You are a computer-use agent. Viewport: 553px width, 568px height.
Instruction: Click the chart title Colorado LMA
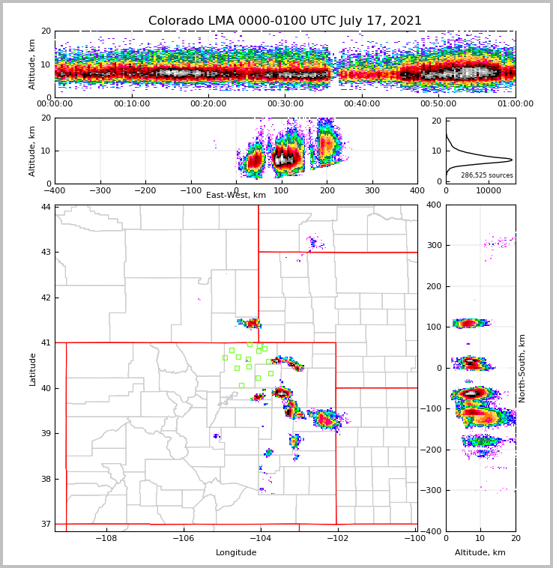coord(285,21)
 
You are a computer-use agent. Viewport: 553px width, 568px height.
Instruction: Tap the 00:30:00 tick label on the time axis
coord(285,104)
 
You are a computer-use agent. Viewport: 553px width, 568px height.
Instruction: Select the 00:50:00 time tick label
coord(438,104)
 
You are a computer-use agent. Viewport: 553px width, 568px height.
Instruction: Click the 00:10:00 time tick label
coord(131,104)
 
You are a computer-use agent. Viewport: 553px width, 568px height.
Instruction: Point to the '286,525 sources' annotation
coord(487,175)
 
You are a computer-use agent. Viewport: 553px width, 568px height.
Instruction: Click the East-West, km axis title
coord(236,196)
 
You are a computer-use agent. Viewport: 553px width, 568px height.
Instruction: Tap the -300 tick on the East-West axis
coord(100,190)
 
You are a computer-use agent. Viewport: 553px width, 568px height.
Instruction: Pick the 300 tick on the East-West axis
coord(372,190)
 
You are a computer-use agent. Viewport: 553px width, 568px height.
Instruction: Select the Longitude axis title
coord(236,553)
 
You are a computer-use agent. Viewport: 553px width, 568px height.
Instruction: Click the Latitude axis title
coord(32,369)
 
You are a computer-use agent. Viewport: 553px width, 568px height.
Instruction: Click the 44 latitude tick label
coord(46,207)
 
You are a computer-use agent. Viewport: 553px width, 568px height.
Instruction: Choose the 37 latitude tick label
coord(46,524)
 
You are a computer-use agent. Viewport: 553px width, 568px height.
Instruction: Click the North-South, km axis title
coord(522,369)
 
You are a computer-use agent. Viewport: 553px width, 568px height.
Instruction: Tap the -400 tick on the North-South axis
coord(432,531)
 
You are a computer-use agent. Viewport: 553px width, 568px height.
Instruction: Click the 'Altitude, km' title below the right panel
coord(480,553)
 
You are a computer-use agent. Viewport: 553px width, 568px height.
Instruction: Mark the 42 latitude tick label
coord(46,297)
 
